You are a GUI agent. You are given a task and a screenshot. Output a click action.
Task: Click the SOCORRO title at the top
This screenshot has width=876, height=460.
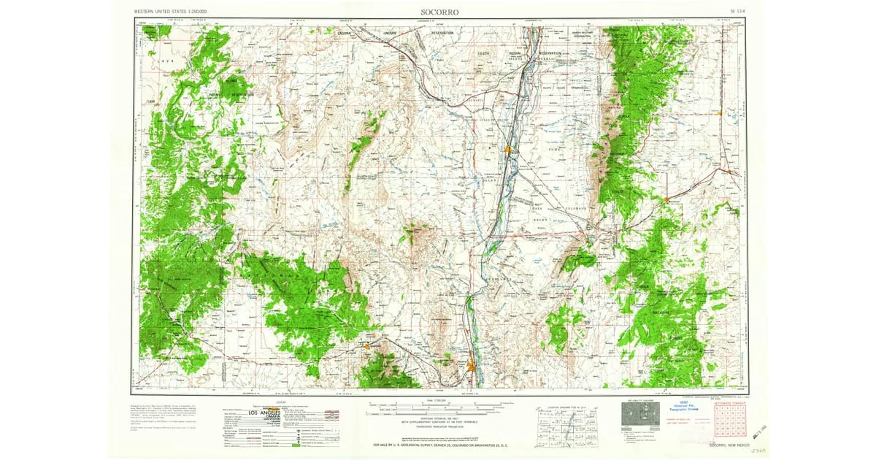click(x=439, y=12)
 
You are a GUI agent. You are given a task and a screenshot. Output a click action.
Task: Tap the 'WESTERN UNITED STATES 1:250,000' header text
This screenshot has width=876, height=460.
click(x=170, y=12)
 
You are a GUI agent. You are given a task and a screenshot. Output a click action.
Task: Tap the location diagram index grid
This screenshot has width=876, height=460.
click(x=563, y=426)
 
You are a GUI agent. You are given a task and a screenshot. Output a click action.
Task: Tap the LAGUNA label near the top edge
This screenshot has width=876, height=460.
click(x=345, y=34)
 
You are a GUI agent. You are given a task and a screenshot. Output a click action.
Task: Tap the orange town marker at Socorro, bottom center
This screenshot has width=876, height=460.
click(x=472, y=367)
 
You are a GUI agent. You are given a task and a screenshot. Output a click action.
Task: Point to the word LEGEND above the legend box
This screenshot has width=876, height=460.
click(x=280, y=402)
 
